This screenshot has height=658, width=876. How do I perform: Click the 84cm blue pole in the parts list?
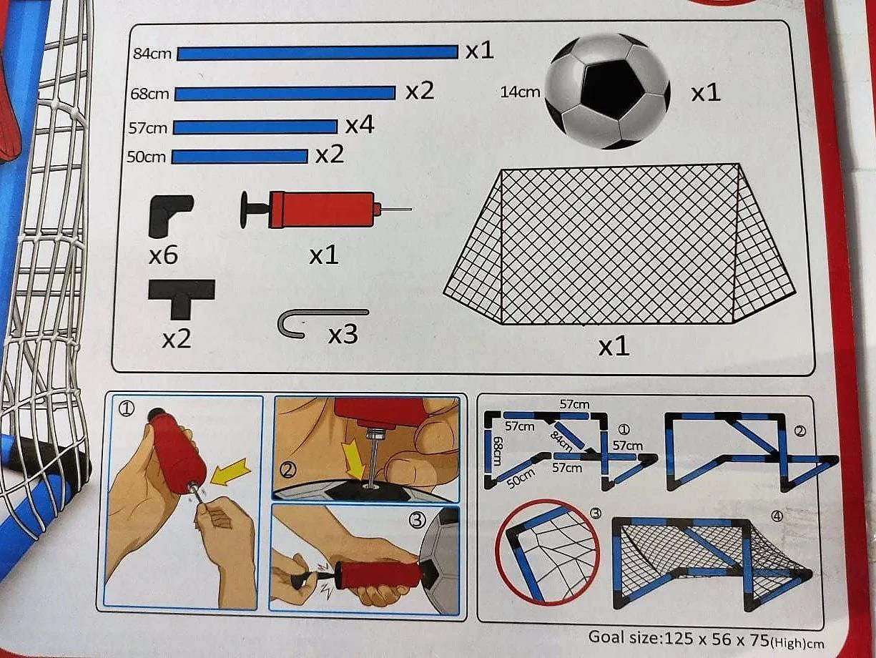pyautogui.click(x=318, y=53)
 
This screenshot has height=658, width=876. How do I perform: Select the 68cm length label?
pyautogui.click(x=149, y=94)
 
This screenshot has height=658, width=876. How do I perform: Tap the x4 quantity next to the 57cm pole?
pyautogui.click(x=360, y=125)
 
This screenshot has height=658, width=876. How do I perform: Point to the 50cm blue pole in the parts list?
pyautogui.click(x=240, y=157)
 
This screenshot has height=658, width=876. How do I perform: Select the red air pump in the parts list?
pyautogui.click(x=325, y=210)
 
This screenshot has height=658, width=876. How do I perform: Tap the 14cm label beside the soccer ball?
pyautogui.click(x=520, y=92)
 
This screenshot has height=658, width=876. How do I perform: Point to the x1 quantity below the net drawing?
pyautogui.click(x=614, y=347)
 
